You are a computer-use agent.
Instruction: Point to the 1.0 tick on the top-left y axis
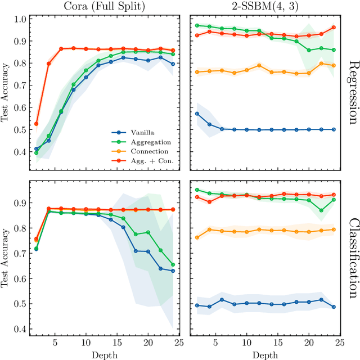coord(19,19)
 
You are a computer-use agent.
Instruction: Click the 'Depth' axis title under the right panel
coord(264,355)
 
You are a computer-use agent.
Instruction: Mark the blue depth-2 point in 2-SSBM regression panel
coord(197,114)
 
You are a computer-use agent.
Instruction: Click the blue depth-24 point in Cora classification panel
coord(172,271)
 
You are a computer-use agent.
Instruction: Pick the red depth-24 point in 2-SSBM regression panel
coord(334,27)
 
